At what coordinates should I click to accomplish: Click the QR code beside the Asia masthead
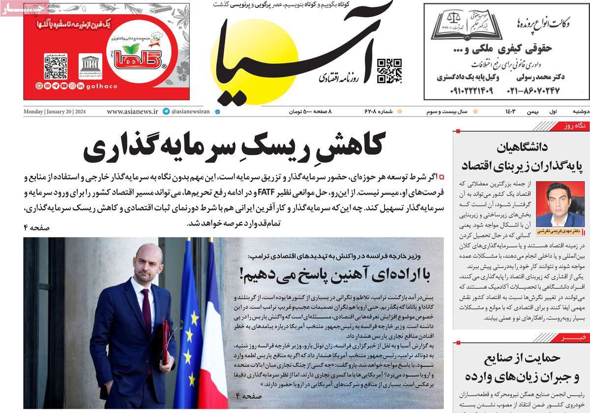pyautogui.click(x=389, y=71)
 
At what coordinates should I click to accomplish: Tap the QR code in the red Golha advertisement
pyautogui.click(x=55, y=67)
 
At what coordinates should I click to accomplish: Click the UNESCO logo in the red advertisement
pyautogui.click(x=90, y=66)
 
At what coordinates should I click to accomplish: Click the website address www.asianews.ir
pyautogui.click(x=132, y=112)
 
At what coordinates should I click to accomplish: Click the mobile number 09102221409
pyautogui.click(x=471, y=90)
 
